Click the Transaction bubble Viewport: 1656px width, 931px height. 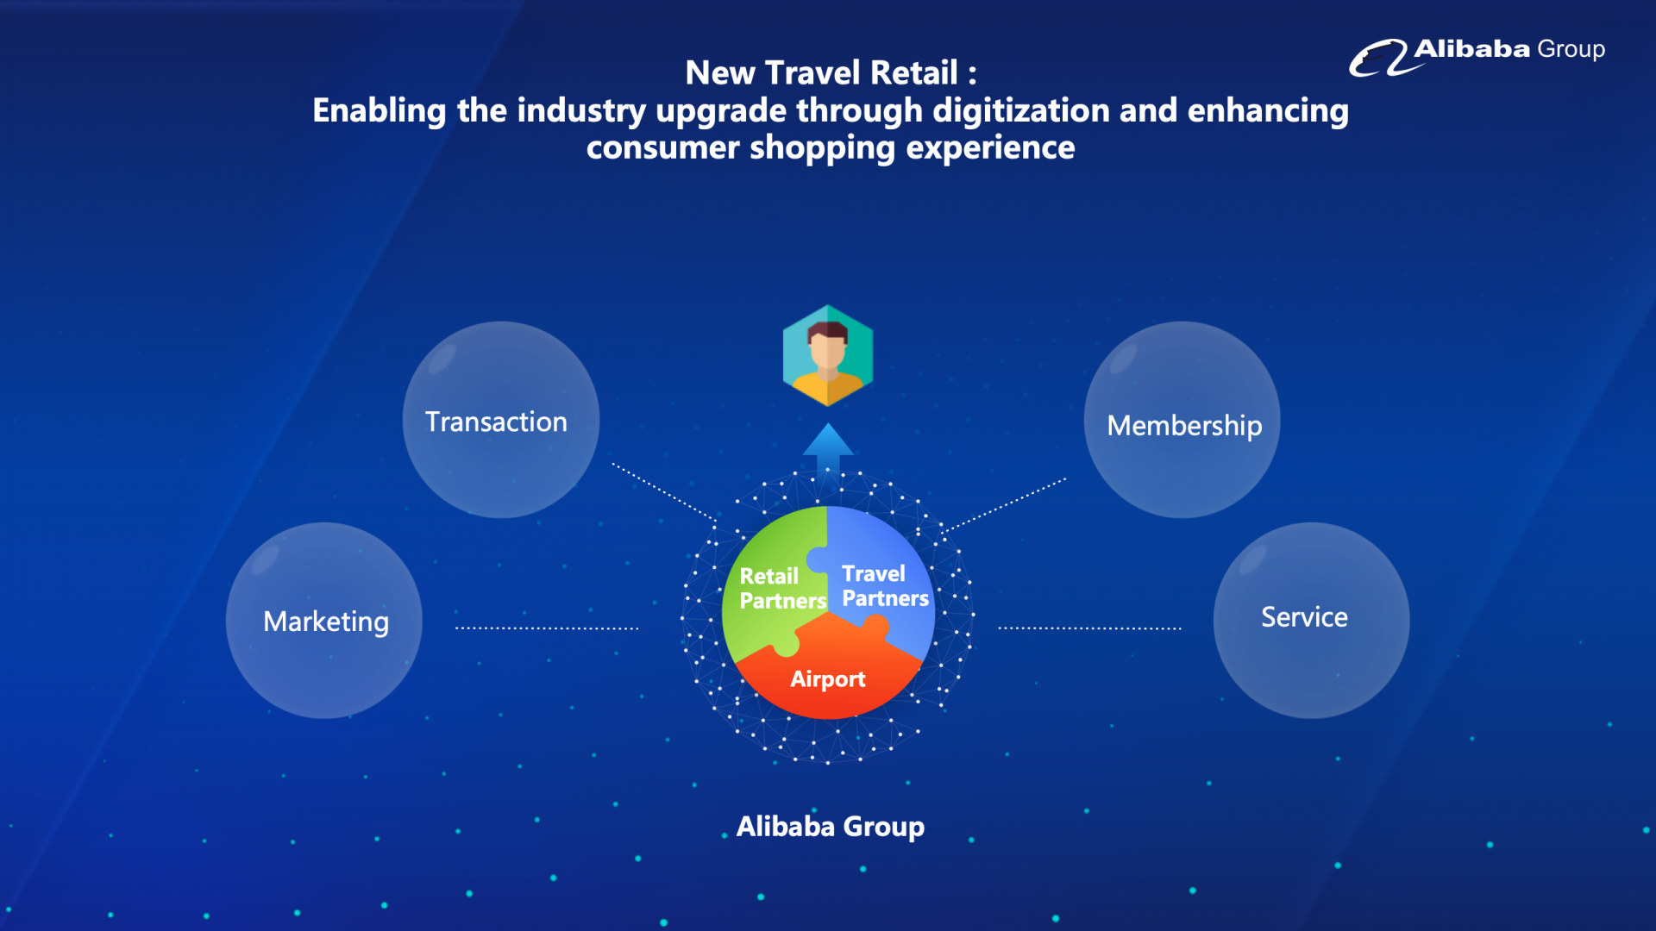pos(500,420)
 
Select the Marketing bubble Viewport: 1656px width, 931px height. pos(324,621)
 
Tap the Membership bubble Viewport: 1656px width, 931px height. pos(1182,420)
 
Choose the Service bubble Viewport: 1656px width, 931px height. pos(1311,621)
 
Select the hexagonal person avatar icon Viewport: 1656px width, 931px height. pos(828,355)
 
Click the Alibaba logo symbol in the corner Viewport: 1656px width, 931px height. pos(1378,59)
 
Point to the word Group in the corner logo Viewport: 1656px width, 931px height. pos(1571,50)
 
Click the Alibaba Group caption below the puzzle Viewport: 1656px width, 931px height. pos(831,827)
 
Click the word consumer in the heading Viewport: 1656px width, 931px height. pos(663,148)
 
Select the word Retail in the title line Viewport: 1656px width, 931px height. pos(914,72)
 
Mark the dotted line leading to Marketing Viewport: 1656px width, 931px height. pos(547,628)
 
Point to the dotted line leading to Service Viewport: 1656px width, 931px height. pos(1090,628)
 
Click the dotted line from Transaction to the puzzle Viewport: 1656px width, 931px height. pos(664,492)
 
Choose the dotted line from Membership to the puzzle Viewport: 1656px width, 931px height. pos(1006,505)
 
